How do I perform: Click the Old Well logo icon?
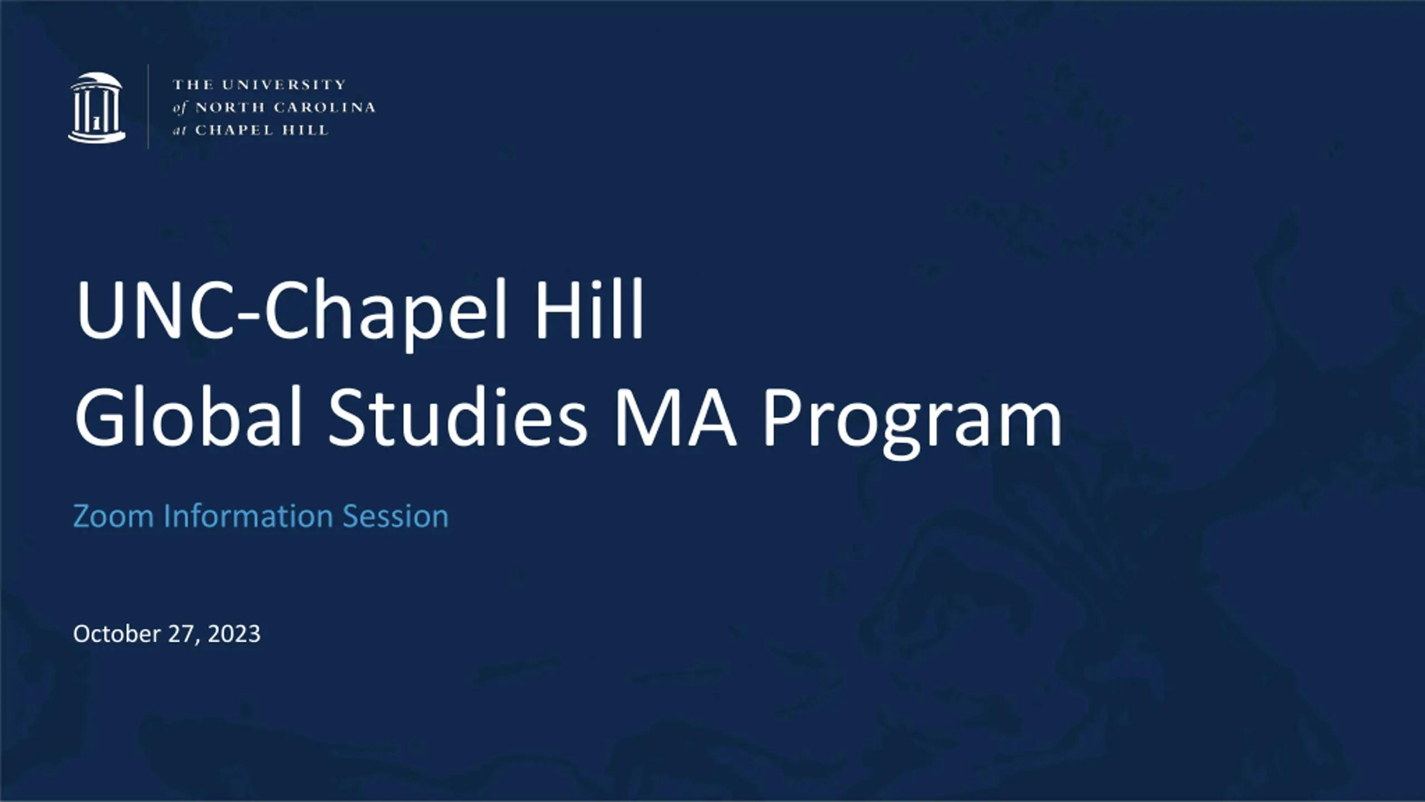[97, 107]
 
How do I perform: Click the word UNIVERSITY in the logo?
[284, 85]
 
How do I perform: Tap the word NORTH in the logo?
[230, 107]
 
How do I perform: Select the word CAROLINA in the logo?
[325, 107]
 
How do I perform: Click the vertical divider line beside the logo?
[148, 106]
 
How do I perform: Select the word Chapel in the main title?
[385, 315]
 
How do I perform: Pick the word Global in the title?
[188, 416]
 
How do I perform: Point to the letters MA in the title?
[675, 418]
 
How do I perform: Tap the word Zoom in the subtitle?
[114, 516]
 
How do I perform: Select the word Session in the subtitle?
[395, 516]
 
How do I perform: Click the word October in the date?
[117, 634]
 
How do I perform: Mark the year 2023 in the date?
[234, 634]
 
